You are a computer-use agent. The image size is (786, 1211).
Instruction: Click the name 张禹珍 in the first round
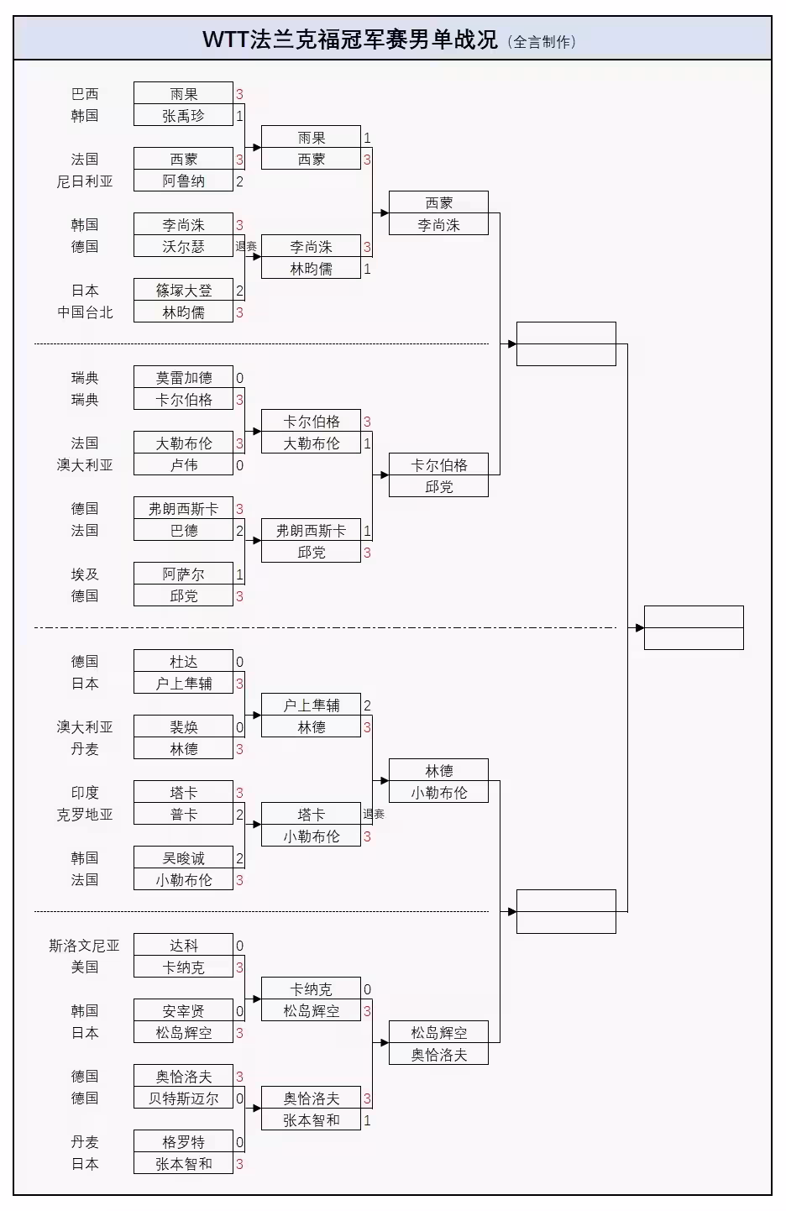click(183, 116)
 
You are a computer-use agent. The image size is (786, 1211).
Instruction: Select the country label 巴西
click(85, 94)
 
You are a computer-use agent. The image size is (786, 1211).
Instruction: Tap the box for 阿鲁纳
click(183, 181)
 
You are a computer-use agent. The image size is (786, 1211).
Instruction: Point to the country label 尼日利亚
click(85, 181)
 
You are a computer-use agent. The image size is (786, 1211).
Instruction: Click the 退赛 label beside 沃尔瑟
click(246, 247)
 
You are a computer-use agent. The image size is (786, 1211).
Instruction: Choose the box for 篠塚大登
click(183, 291)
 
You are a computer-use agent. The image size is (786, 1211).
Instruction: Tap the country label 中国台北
click(85, 312)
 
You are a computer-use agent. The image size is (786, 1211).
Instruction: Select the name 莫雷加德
click(183, 378)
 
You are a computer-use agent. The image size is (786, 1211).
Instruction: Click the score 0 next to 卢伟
click(239, 465)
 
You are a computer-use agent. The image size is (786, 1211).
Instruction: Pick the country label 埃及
click(85, 574)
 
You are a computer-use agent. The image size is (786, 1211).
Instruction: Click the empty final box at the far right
click(694, 627)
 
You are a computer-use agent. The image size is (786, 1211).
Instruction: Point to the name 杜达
click(183, 662)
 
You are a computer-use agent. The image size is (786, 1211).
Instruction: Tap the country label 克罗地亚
click(85, 815)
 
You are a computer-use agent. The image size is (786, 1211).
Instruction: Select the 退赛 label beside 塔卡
click(374, 815)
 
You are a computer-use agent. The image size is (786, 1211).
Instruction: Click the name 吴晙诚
click(183, 858)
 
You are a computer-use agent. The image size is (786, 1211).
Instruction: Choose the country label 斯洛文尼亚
click(85, 946)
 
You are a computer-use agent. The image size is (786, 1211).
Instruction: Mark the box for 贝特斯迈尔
click(183, 1098)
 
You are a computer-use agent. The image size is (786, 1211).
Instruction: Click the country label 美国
click(85, 967)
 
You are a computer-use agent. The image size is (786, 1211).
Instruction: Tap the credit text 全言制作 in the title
click(542, 41)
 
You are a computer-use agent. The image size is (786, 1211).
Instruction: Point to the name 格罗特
click(183, 1142)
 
